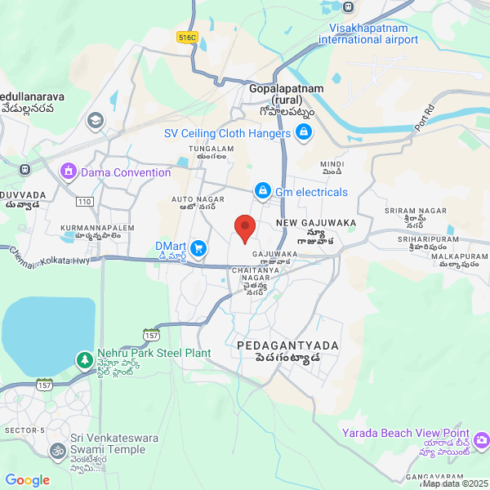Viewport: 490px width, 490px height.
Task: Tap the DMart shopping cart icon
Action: click(198, 247)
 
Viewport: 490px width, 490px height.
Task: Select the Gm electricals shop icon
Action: click(262, 192)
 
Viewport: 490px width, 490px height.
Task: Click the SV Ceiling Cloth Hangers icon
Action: click(304, 133)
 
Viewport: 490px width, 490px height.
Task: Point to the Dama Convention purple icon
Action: click(68, 172)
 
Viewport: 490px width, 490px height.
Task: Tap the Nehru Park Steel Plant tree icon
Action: click(84, 359)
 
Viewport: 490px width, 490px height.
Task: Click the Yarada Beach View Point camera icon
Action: click(482, 440)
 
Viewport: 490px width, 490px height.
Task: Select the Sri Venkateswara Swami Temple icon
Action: click(58, 450)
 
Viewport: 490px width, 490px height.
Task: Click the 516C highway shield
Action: click(187, 37)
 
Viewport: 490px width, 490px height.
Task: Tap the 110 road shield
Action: click(84, 201)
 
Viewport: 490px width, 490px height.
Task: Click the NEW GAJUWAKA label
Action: click(316, 222)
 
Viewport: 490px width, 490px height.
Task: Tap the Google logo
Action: click(27, 480)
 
